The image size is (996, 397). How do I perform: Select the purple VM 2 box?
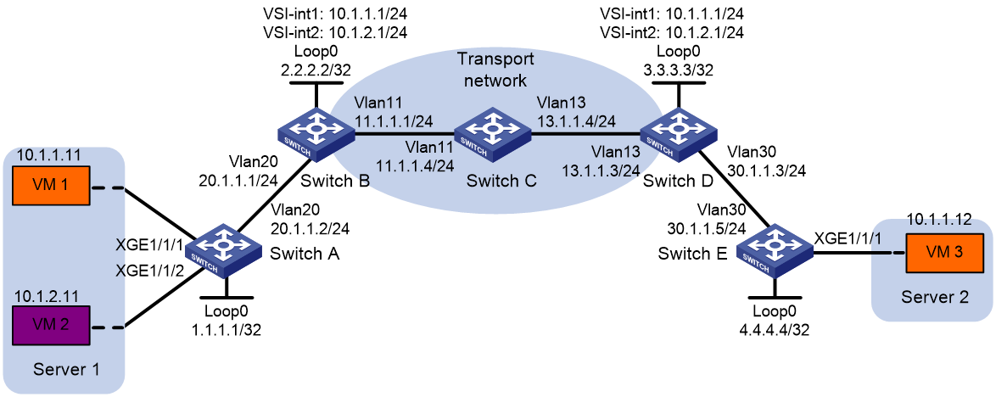pos(51,327)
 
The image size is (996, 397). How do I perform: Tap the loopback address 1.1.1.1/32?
pos(227,330)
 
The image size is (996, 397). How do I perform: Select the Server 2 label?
pos(932,297)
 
